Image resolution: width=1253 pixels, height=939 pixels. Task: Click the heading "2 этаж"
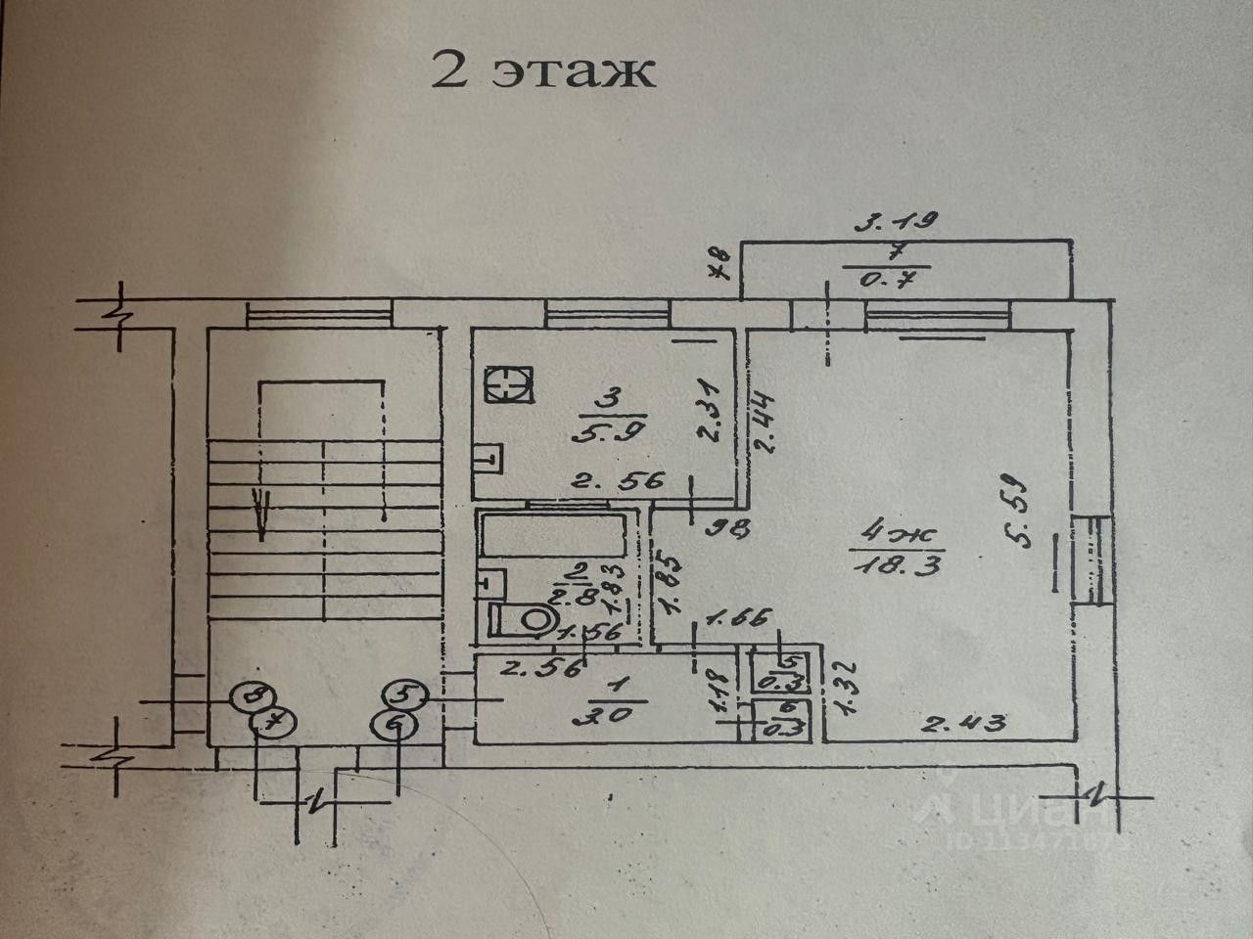tap(543, 72)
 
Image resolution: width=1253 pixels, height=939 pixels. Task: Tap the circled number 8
tap(248, 696)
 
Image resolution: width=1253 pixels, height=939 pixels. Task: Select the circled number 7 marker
tap(273, 724)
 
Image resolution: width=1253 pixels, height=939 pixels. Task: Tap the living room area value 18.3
tap(897, 564)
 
